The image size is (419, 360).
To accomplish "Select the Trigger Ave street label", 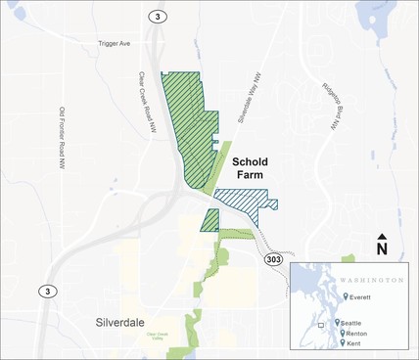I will (x=115, y=44).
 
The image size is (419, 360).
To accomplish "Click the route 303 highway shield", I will (x=274, y=259).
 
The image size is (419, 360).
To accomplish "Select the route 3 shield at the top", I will (x=157, y=17).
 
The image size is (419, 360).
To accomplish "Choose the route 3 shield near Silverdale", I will (x=46, y=292).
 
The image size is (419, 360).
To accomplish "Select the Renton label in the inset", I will (x=354, y=334).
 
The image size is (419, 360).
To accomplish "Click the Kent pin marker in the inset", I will (x=341, y=343).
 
